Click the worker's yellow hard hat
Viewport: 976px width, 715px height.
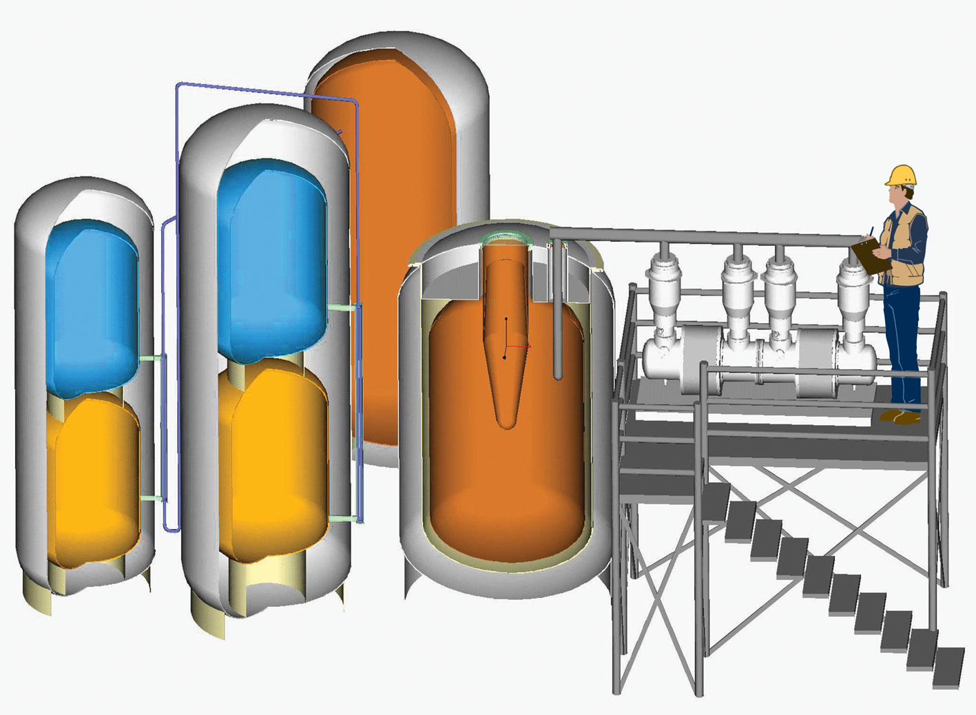(x=902, y=176)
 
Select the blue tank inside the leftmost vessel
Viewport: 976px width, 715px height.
(x=92, y=303)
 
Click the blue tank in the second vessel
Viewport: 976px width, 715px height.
(x=271, y=255)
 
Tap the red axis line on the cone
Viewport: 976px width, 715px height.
(x=519, y=346)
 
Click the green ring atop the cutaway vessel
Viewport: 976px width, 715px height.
(x=506, y=238)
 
